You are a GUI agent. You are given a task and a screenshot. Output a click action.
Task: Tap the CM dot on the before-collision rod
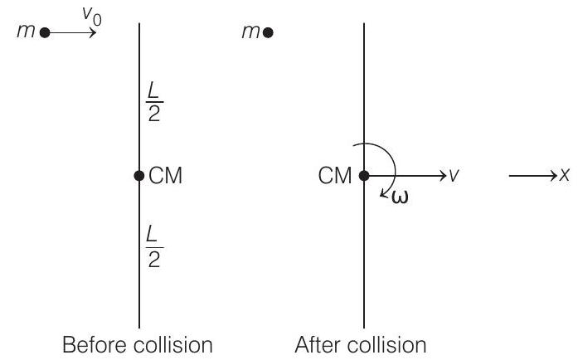click(138, 176)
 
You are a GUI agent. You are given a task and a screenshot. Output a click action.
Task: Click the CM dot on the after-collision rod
click(364, 176)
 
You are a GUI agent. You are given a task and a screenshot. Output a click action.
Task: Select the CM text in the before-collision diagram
click(165, 176)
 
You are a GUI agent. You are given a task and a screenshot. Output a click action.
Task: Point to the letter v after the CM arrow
click(454, 176)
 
